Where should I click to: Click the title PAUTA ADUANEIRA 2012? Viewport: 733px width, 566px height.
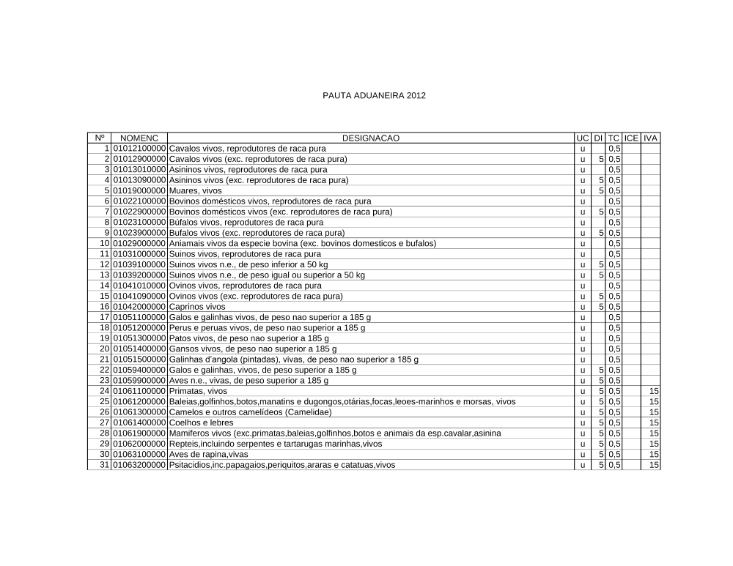coord(374,96)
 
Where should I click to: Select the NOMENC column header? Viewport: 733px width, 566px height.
coord(139,138)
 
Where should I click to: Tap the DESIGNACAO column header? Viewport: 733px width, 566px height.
coord(370,138)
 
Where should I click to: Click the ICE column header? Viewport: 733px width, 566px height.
coord(632,138)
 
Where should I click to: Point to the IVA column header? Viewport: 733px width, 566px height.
coord(651,138)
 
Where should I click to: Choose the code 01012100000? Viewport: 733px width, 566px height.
coord(139,149)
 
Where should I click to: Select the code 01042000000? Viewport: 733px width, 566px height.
coord(139,307)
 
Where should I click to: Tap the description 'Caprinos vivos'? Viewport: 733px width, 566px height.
coord(197,307)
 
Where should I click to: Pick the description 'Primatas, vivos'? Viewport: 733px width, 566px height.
coord(194,391)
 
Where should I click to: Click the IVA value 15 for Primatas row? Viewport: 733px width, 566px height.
coord(654,391)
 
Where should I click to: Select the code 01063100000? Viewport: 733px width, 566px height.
coord(139,455)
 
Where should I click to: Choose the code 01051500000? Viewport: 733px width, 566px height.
coord(139,360)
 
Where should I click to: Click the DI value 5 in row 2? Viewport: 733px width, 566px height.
coord(601,159)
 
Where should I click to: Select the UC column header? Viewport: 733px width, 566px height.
coord(582,138)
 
